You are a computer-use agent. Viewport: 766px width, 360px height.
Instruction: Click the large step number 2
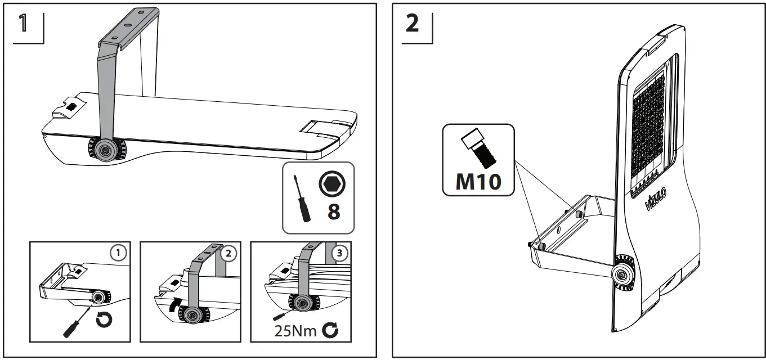click(x=412, y=24)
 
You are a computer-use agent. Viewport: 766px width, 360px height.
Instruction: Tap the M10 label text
click(x=478, y=181)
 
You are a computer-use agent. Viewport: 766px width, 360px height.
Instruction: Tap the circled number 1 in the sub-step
click(x=117, y=253)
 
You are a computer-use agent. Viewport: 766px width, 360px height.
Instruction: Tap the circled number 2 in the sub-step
click(x=227, y=253)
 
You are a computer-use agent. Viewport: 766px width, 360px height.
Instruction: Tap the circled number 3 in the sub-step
click(x=338, y=253)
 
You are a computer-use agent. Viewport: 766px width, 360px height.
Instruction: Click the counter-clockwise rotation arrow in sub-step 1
click(x=104, y=321)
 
